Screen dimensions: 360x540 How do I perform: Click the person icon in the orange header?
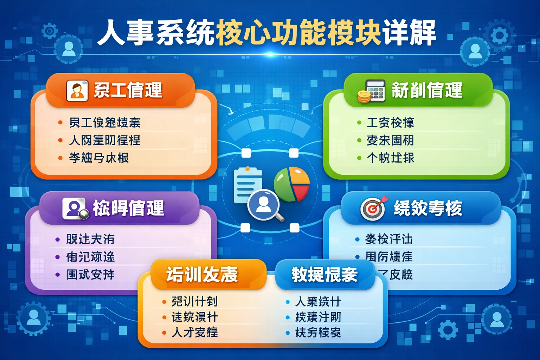[x=77, y=91]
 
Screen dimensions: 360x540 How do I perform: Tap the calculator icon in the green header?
[x=375, y=90]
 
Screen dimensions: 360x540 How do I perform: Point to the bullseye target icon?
[x=372, y=209]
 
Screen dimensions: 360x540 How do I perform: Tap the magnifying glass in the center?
[x=264, y=205]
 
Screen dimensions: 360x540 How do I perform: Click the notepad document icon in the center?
[x=246, y=185]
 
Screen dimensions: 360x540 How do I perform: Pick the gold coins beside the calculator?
[x=364, y=96]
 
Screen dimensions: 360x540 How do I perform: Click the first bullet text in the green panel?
[x=390, y=123]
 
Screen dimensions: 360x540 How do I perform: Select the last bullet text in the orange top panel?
[x=99, y=158]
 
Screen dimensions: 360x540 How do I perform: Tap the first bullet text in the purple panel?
[x=90, y=239]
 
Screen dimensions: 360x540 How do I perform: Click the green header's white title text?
[x=427, y=90]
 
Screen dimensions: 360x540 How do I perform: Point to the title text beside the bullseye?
[x=428, y=208]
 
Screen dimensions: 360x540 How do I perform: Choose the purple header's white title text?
[x=128, y=208]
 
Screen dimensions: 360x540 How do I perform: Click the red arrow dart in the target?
[x=381, y=201]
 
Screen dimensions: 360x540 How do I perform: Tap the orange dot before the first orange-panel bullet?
[x=60, y=123]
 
